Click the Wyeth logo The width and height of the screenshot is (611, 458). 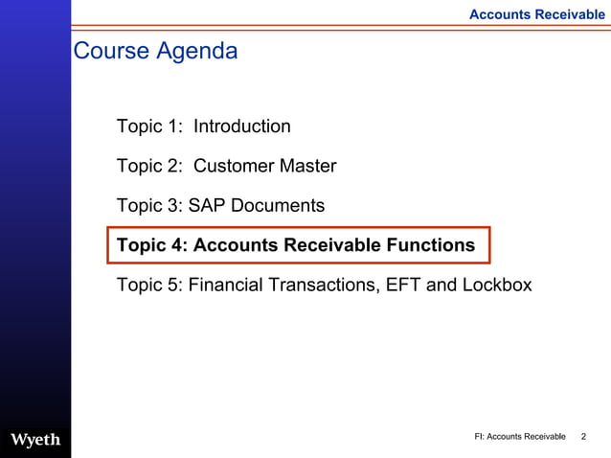(35, 439)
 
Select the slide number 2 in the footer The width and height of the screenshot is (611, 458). (584, 437)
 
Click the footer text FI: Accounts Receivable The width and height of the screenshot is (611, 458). (520, 437)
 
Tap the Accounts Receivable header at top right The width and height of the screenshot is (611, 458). (536, 14)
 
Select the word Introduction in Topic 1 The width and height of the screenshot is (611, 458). (242, 126)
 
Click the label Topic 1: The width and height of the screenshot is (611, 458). (149, 126)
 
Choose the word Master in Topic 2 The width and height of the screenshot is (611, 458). (307, 167)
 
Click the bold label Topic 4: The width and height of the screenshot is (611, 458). (151, 245)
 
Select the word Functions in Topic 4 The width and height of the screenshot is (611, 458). (430, 245)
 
